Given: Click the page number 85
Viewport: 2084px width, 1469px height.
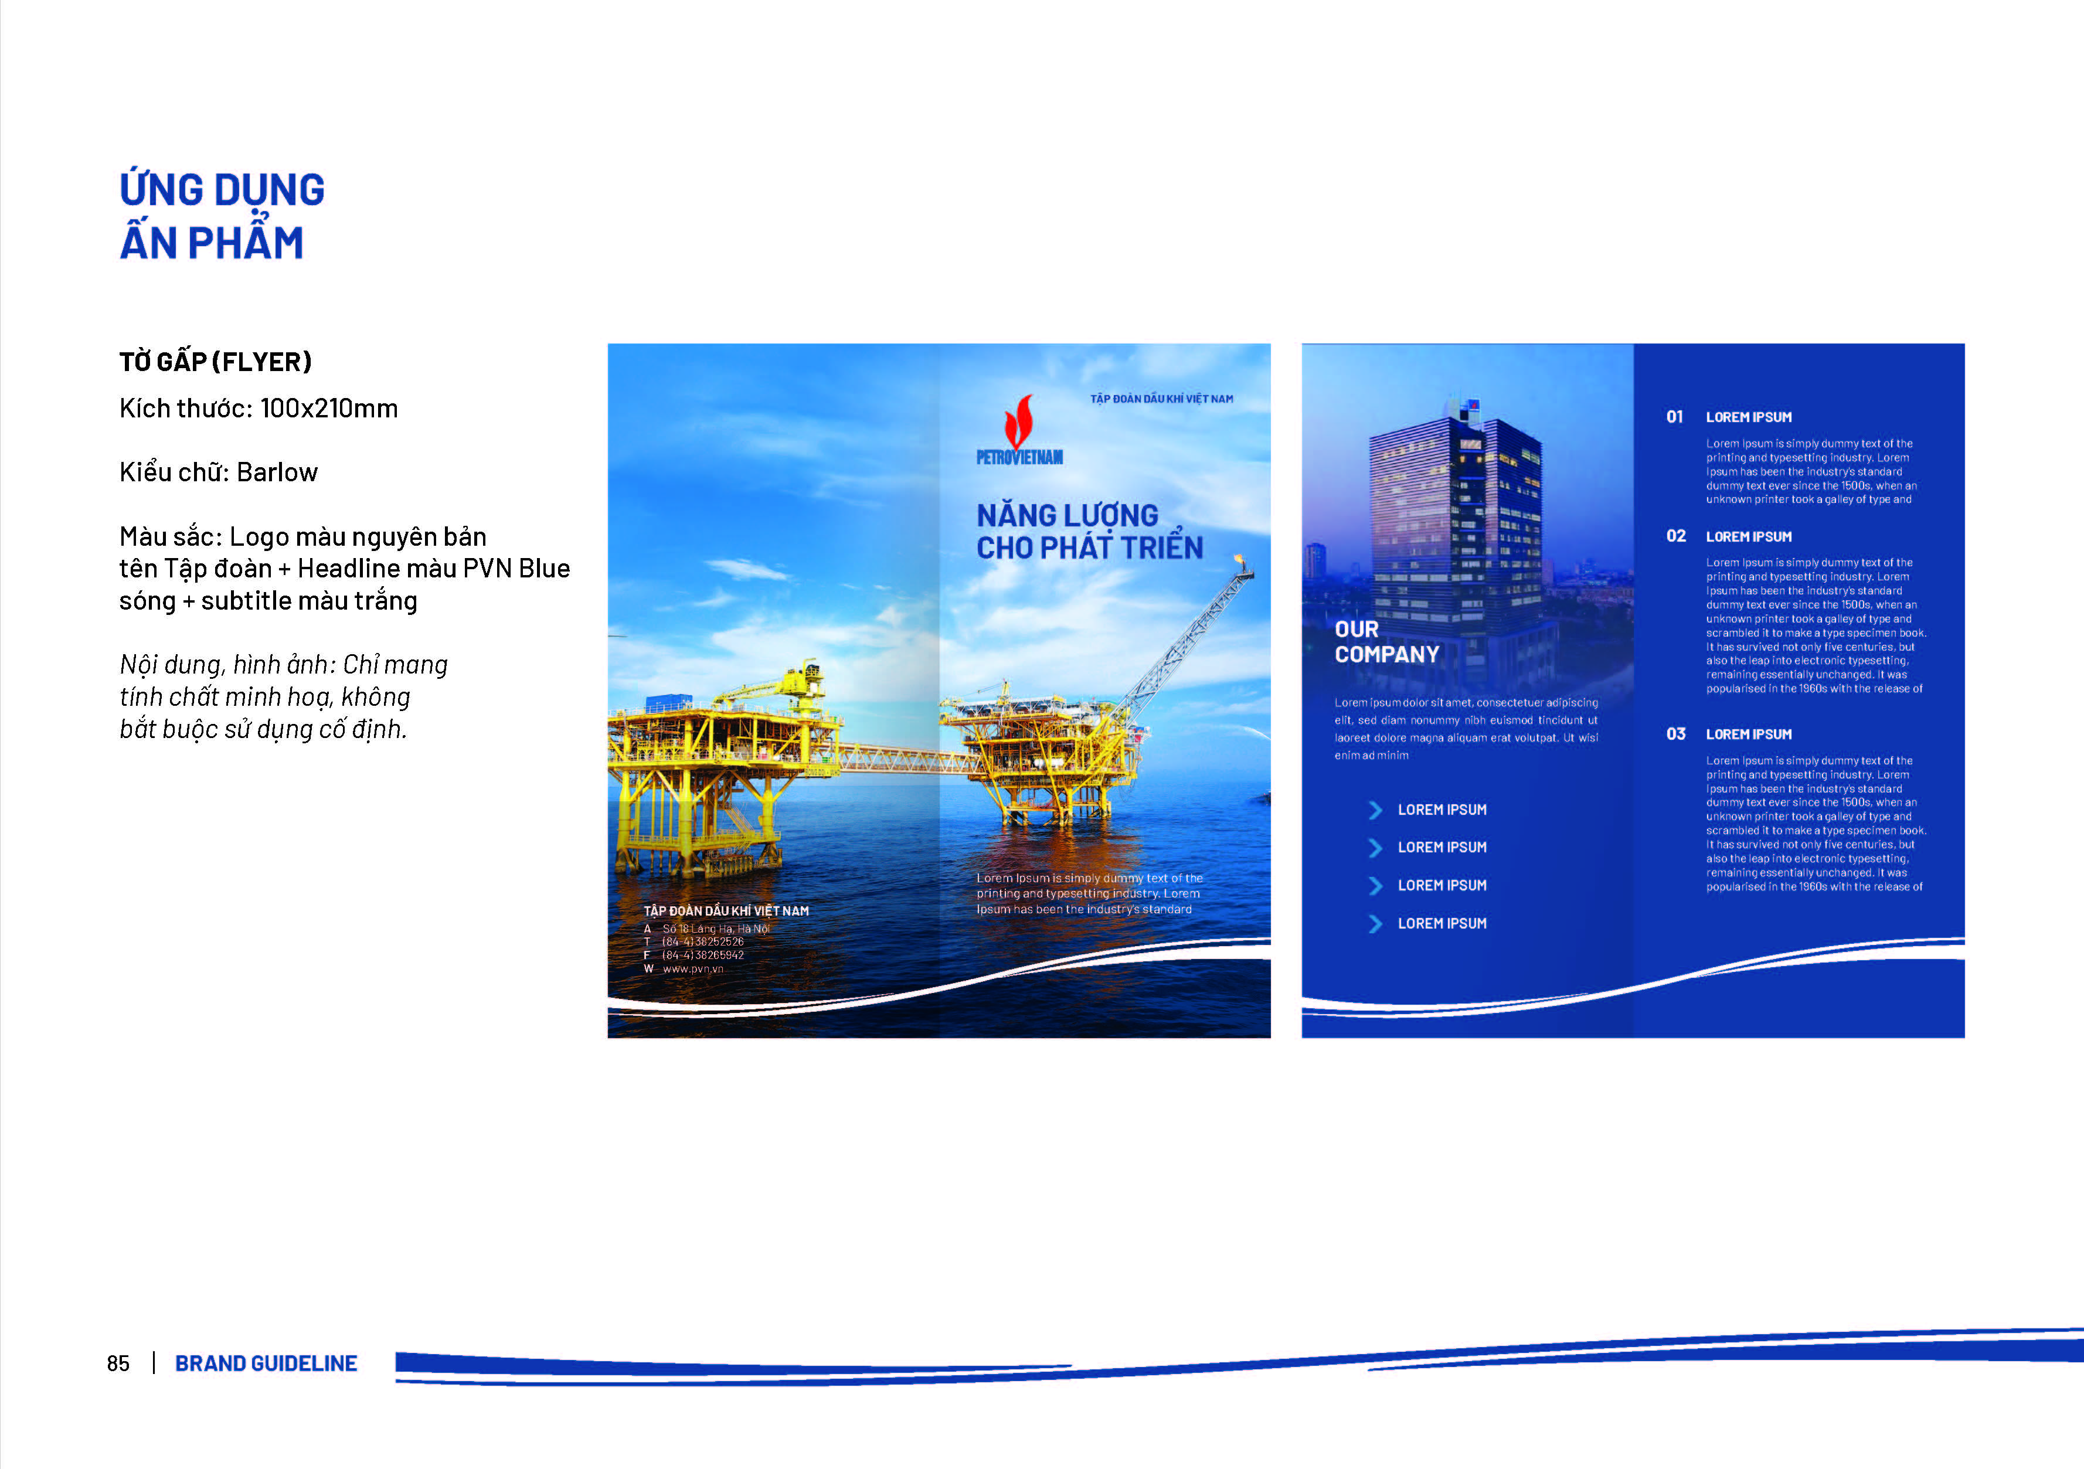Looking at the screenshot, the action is point(118,1363).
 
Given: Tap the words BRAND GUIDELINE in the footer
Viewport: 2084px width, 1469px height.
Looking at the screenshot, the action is point(266,1363).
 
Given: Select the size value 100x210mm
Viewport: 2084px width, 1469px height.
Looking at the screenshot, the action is point(329,409).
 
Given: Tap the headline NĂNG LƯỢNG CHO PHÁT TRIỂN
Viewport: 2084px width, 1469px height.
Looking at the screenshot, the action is point(1089,532).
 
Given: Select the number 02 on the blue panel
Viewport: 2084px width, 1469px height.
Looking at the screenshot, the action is point(1675,536).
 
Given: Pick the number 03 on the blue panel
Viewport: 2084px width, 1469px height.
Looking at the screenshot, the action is point(1675,734).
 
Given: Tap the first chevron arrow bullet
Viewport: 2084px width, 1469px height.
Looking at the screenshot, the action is point(1375,810).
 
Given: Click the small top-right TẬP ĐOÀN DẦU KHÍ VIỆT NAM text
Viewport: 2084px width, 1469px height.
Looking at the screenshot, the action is point(1162,399).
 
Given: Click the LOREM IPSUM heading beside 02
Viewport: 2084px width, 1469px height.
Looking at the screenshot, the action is point(1748,536).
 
